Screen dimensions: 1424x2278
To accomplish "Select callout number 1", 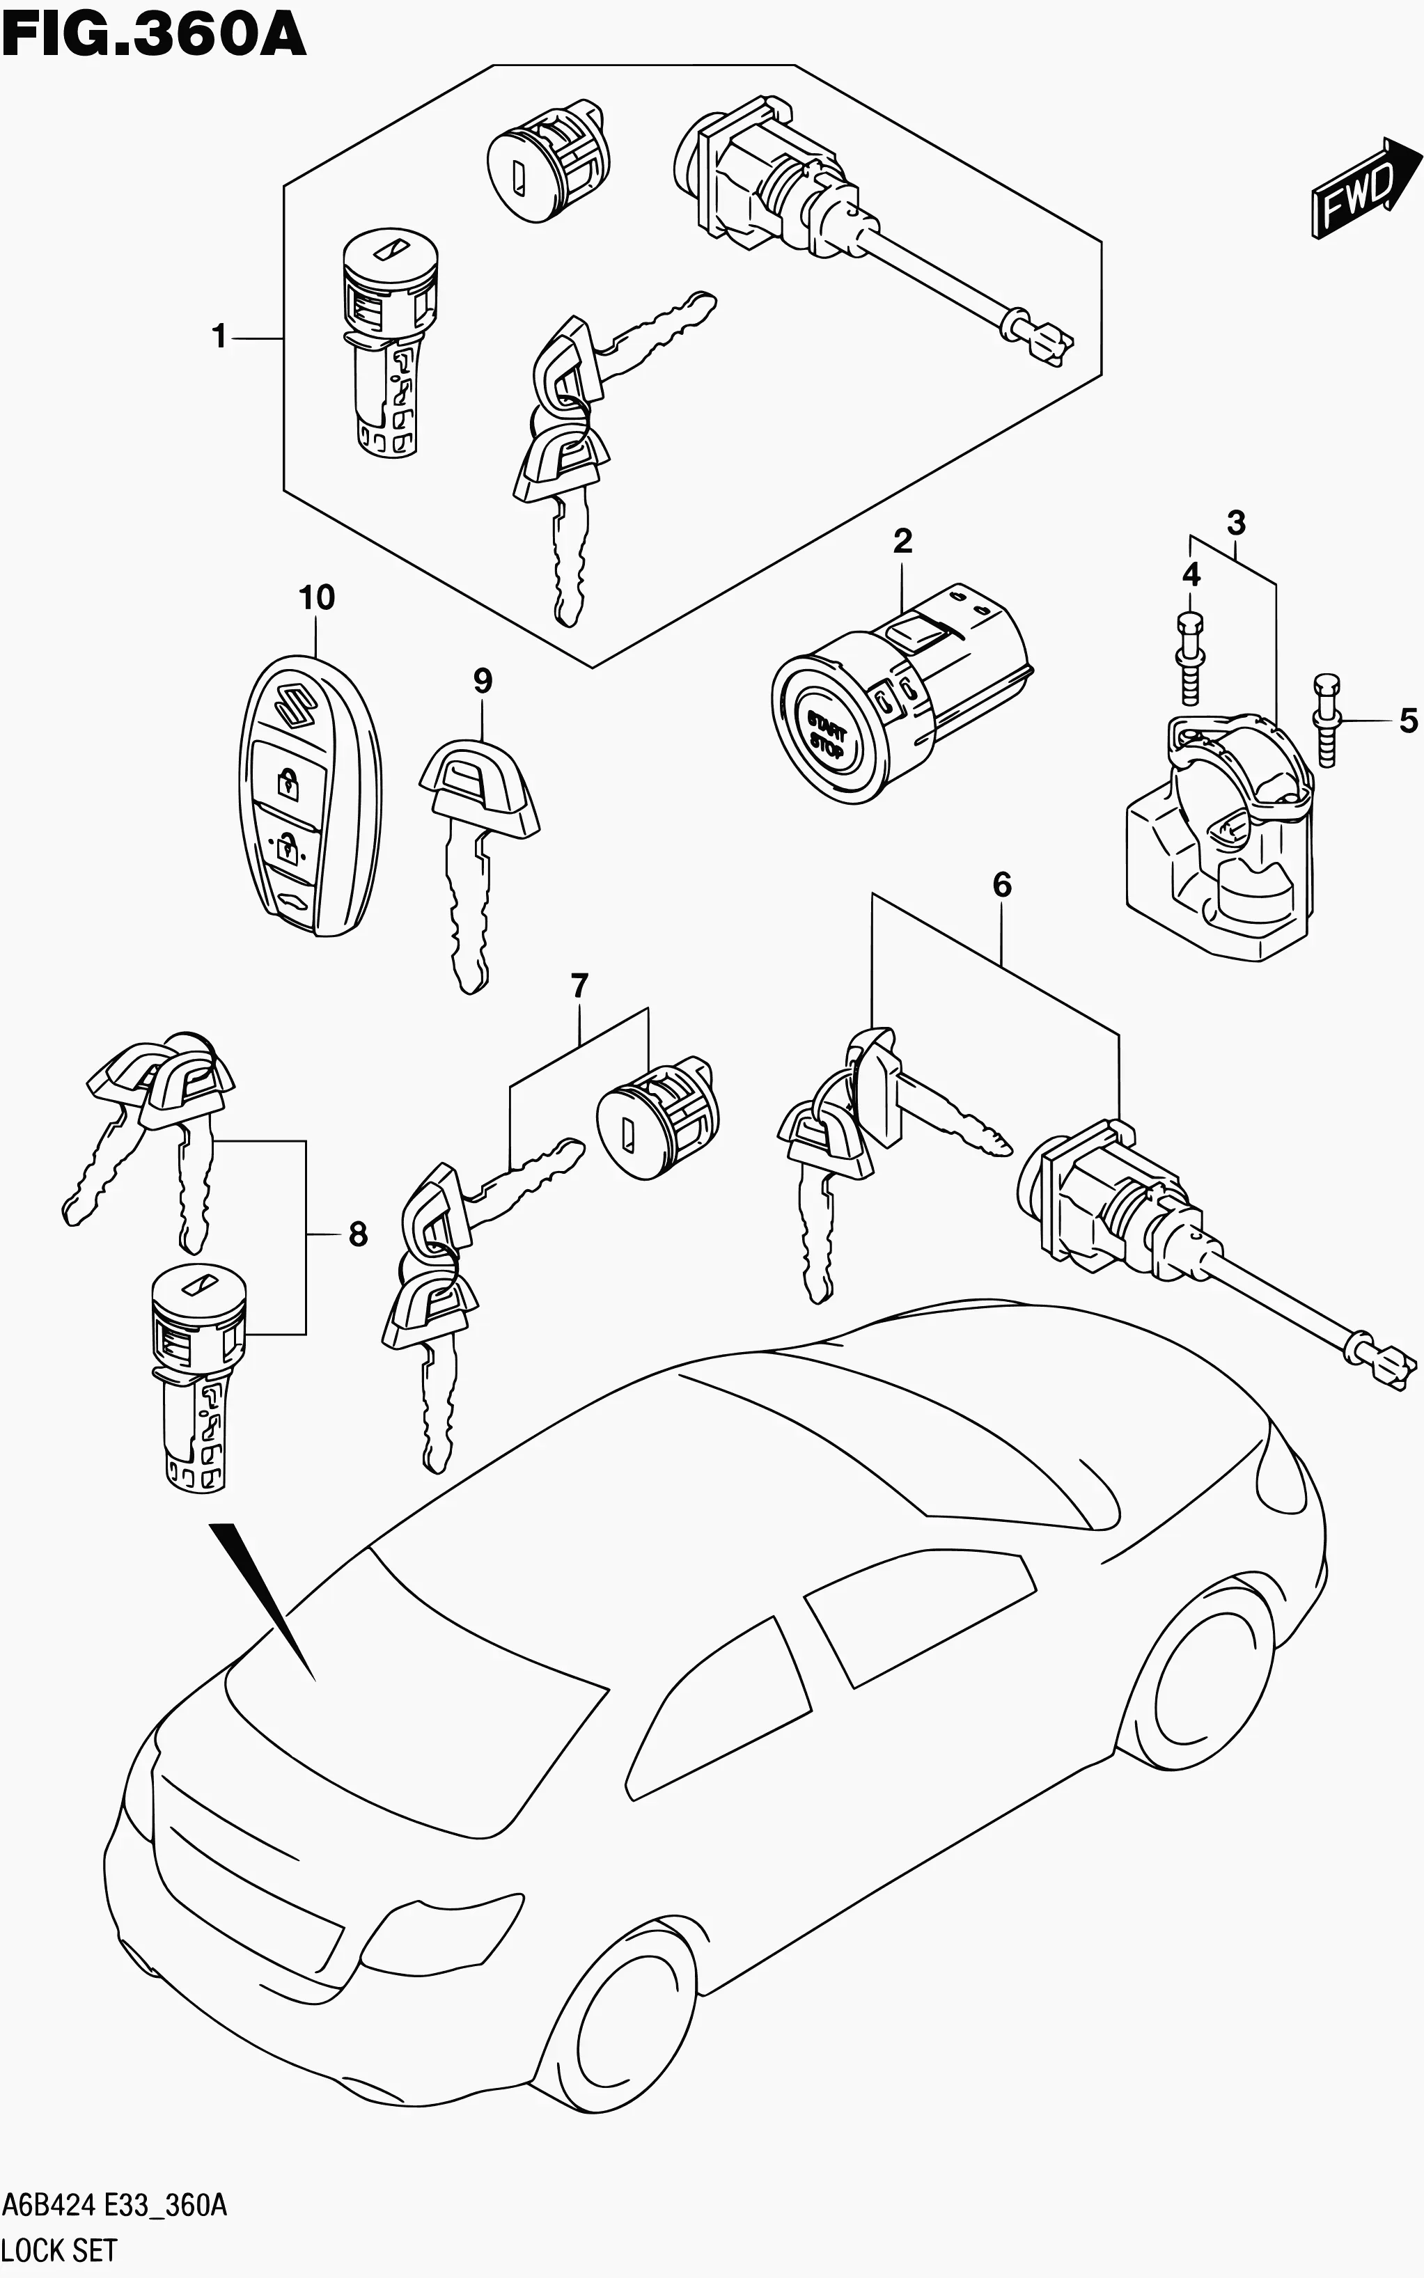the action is tap(219, 336).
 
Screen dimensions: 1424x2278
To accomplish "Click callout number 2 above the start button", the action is tap(902, 540).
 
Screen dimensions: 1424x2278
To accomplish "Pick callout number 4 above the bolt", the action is tap(1191, 574).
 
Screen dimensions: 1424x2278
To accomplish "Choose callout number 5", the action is tap(1408, 721).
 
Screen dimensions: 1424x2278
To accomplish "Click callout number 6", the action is tap(1002, 884).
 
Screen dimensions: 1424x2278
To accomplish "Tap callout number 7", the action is tap(579, 986).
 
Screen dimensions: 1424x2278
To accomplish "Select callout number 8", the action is tap(358, 1234).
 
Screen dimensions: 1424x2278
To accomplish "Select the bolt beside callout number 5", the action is tap(1325, 720).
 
